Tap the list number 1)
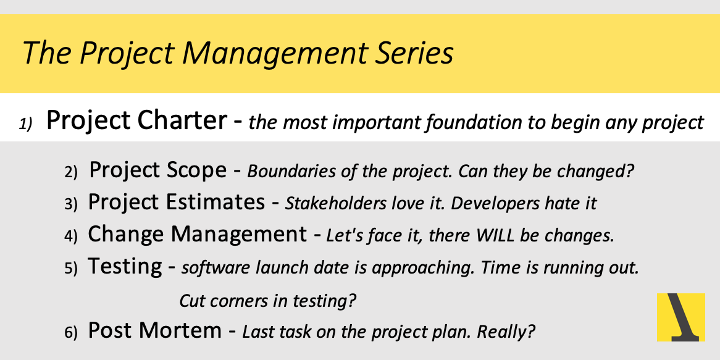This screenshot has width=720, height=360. pyautogui.click(x=26, y=124)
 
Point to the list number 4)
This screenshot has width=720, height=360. pyautogui.click(x=71, y=237)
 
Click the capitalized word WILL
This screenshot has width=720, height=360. pyautogui.click(x=498, y=236)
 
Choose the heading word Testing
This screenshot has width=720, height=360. pyautogui.click(x=125, y=267)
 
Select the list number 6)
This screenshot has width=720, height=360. pyautogui.click(x=71, y=333)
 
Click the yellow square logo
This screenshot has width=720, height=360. pyautogui.click(x=681, y=317)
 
